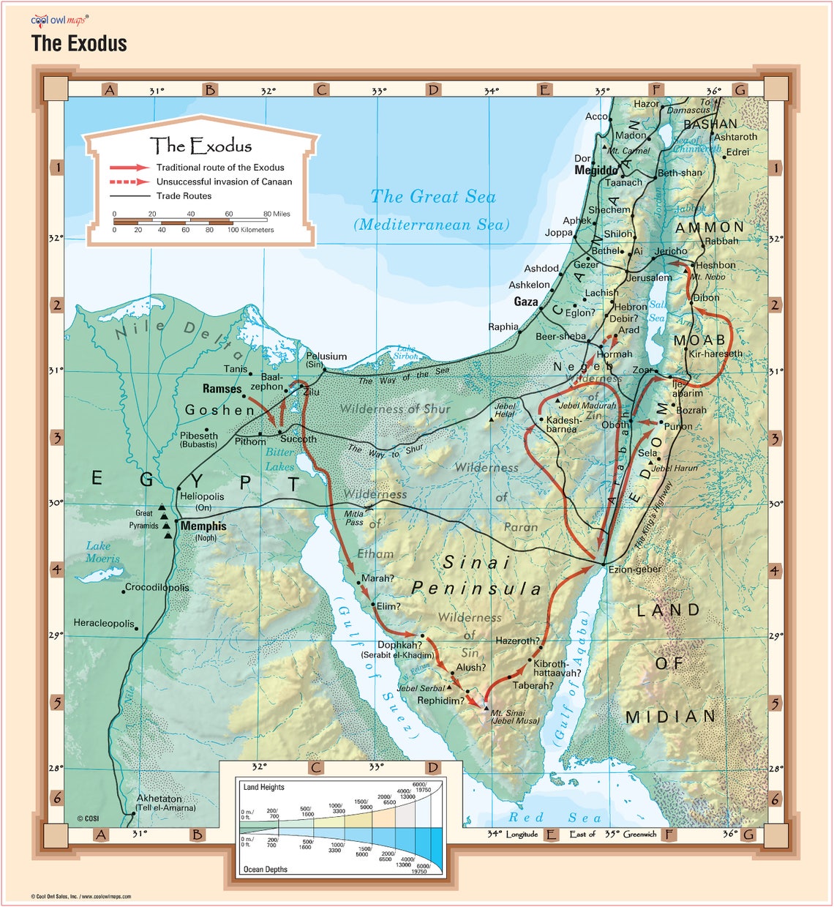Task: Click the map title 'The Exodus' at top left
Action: click(x=79, y=44)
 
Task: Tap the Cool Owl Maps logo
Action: click(x=59, y=20)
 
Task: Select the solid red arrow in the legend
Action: click(x=129, y=168)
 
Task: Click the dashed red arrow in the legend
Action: click(x=129, y=182)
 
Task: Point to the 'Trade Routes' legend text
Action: click(x=184, y=196)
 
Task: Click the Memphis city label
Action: click(x=203, y=526)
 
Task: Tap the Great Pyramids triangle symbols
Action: click(x=166, y=521)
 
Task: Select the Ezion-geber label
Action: click(x=635, y=569)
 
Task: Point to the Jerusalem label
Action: click(x=649, y=277)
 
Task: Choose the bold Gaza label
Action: click(x=525, y=302)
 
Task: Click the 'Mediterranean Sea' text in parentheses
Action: click(x=432, y=225)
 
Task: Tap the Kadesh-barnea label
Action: click(x=564, y=425)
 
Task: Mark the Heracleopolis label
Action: click(x=104, y=624)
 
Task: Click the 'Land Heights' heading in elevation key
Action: click(x=263, y=787)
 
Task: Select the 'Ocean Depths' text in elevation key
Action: click(x=265, y=869)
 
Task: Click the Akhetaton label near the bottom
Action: click(x=159, y=799)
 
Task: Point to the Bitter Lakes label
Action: click(x=279, y=460)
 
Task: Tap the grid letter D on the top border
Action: click(x=433, y=90)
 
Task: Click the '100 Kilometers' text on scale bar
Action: click(x=250, y=230)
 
